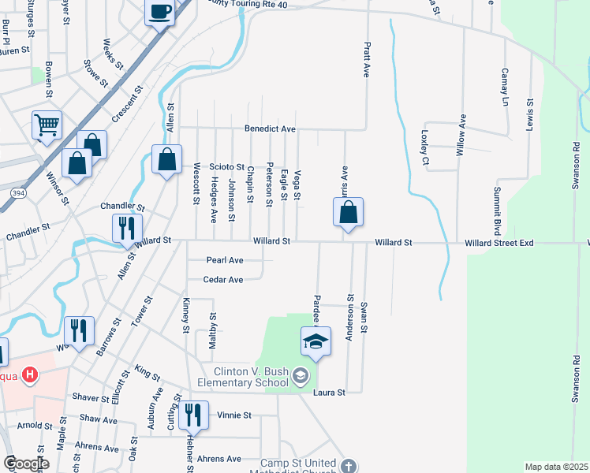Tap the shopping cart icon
47,125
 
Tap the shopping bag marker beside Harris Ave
348,212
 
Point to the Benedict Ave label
270,128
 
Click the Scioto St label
226,166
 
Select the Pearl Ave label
225,259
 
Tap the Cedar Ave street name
222,279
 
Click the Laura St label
329,392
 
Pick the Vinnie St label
234,415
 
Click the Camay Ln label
504,87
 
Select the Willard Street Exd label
499,244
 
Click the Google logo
26,464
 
